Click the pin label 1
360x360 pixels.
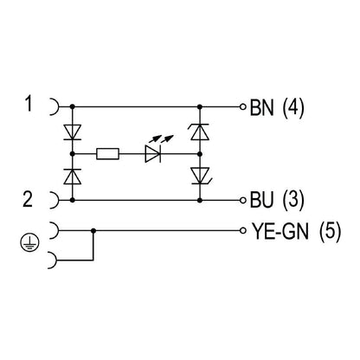(x=29, y=106)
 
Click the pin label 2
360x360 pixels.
(x=29, y=200)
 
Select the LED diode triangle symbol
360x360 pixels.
(x=152, y=153)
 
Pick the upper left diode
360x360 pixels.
(x=72, y=132)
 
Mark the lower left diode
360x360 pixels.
(x=72, y=176)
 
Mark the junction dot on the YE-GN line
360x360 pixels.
(x=93, y=231)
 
